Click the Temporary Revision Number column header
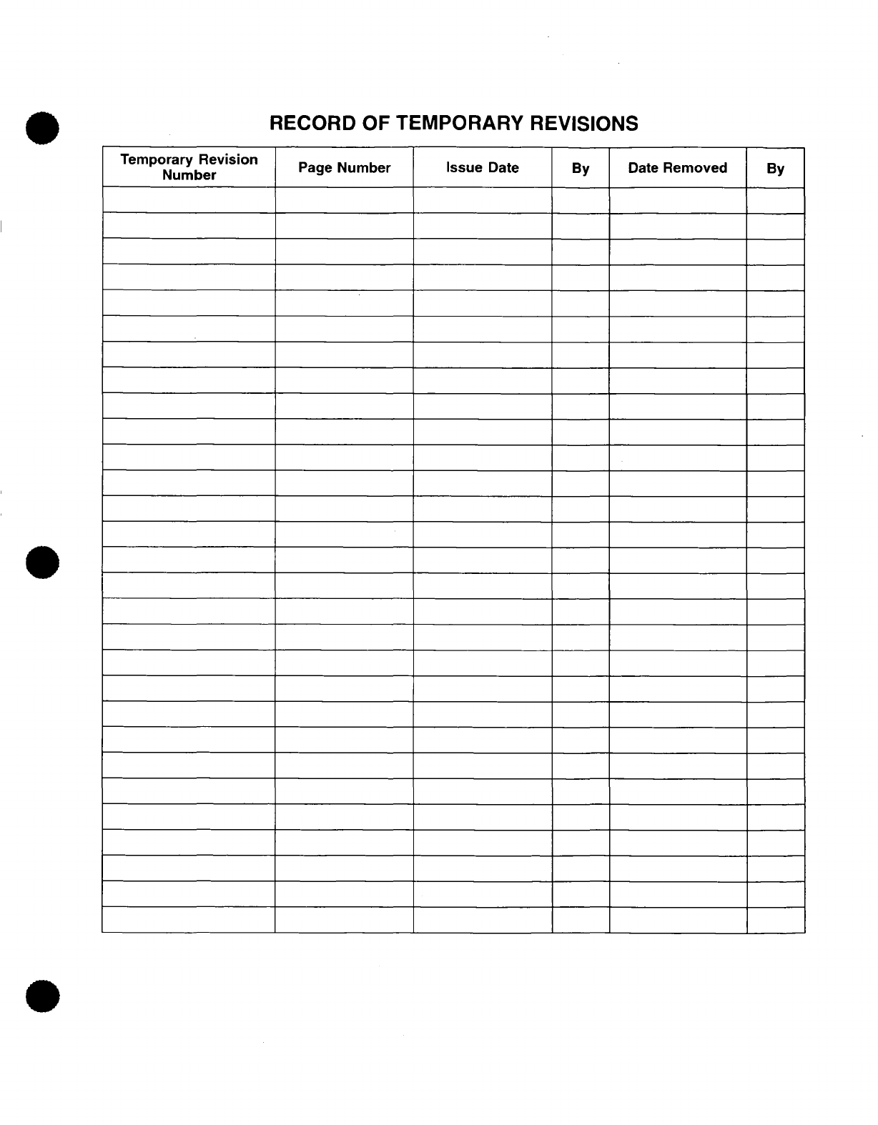pos(189,167)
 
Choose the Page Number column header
pos(344,168)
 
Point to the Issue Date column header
pos(482,168)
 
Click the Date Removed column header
pos(677,168)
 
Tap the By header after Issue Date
pos(581,169)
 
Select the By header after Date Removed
pos(775,169)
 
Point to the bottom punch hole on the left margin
pos(42,996)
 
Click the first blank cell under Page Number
pos(344,200)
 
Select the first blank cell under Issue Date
pos(482,200)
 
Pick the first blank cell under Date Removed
pos(677,200)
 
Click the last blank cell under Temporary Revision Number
pos(189,920)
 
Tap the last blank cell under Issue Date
pos(482,920)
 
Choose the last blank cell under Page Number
pos(344,920)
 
